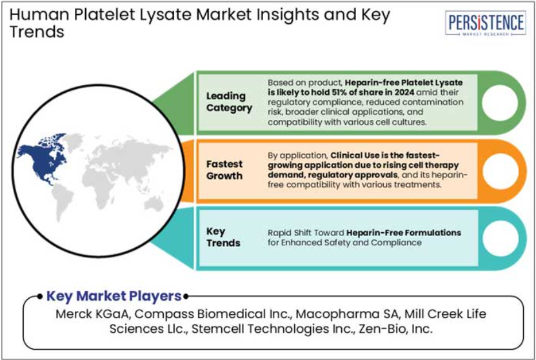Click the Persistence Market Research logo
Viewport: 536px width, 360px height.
(486, 23)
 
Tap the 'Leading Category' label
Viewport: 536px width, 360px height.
(229, 102)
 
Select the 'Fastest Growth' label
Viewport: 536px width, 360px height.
(224, 170)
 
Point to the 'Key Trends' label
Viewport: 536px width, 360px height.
(223, 237)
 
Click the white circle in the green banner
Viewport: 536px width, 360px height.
(500, 103)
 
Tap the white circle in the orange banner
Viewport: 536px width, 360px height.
(500, 171)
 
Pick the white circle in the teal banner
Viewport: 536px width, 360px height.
(501, 238)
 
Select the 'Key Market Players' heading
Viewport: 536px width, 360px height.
(114, 296)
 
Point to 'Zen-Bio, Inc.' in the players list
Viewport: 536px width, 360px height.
(395, 329)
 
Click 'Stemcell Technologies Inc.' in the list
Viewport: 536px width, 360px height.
(272, 329)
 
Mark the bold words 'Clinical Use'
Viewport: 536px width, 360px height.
(355, 155)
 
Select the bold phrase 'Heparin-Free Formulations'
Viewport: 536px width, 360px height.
(404, 233)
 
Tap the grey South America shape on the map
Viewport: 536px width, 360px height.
(62, 202)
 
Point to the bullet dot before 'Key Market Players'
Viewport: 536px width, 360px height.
(40, 296)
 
